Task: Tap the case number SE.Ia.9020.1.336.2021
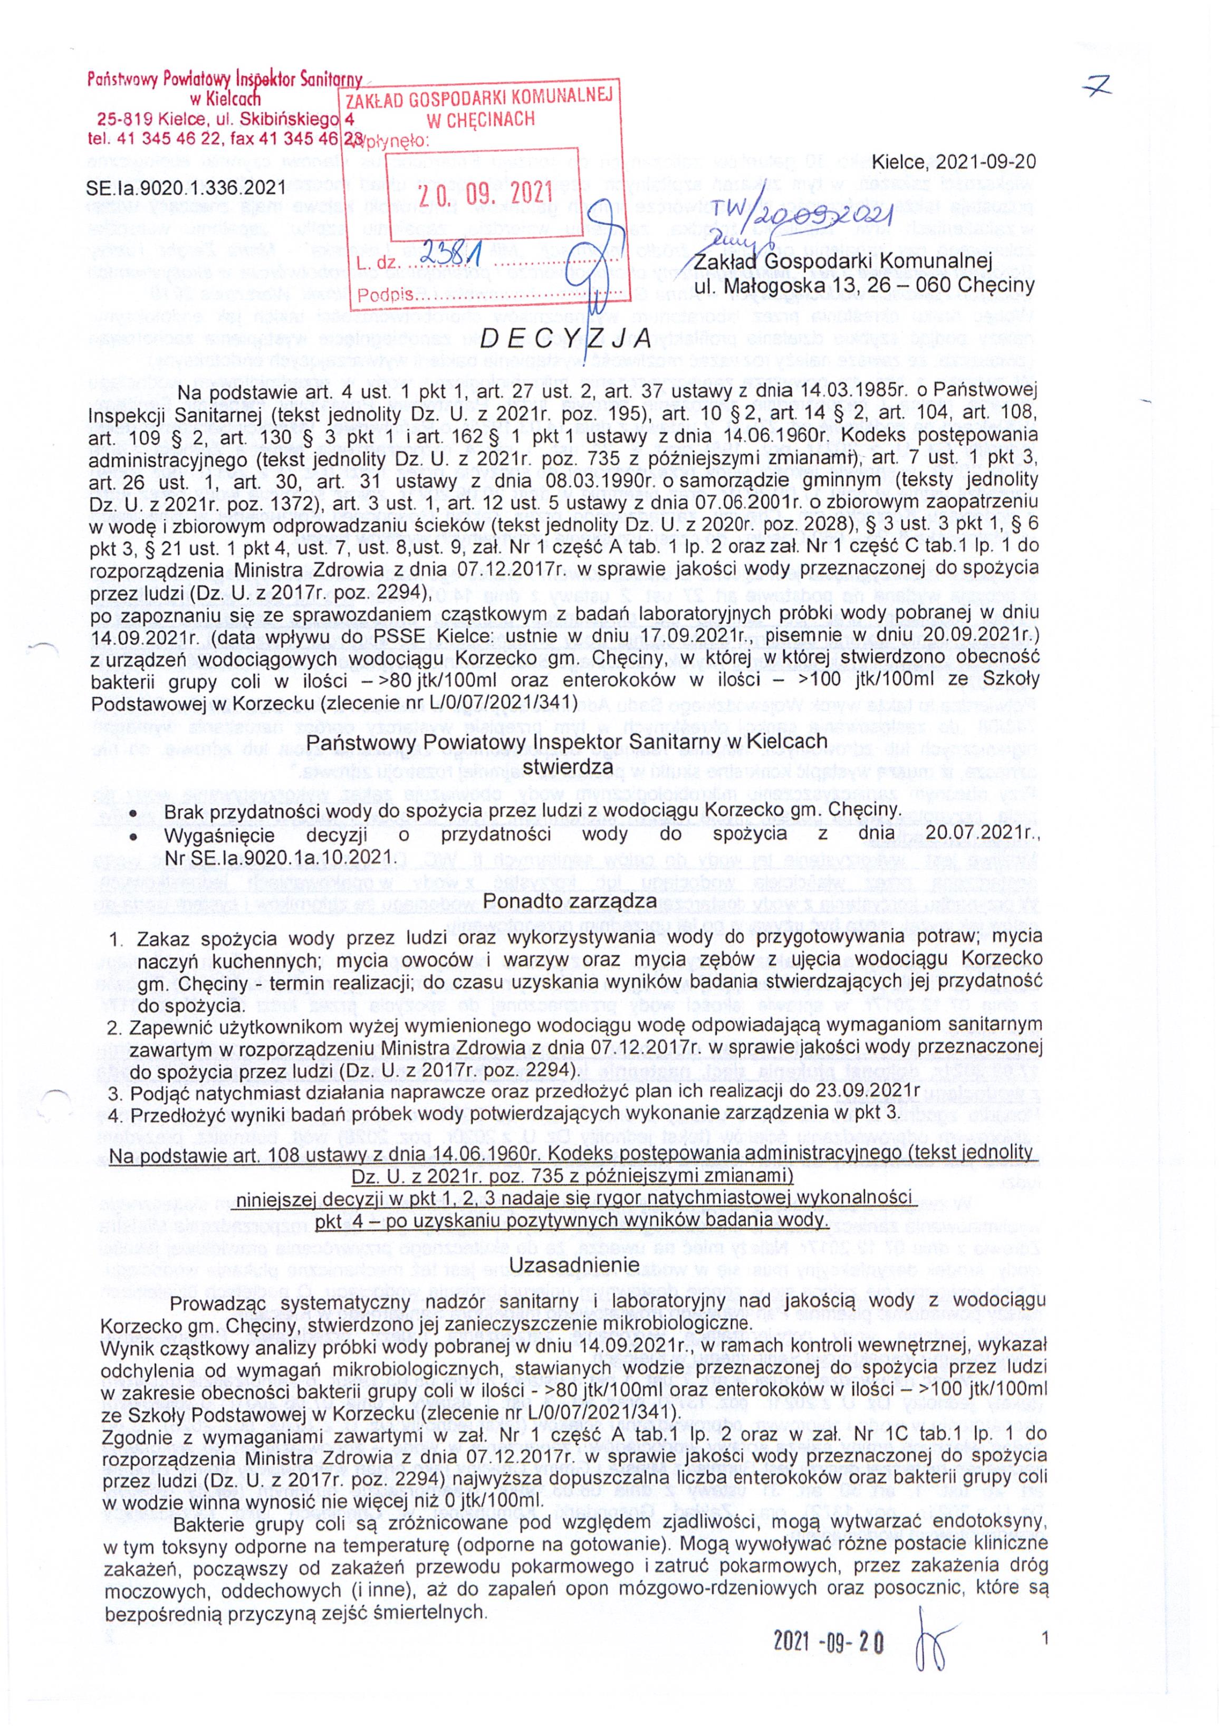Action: click(x=187, y=185)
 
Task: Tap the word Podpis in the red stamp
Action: click(x=381, y=295)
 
